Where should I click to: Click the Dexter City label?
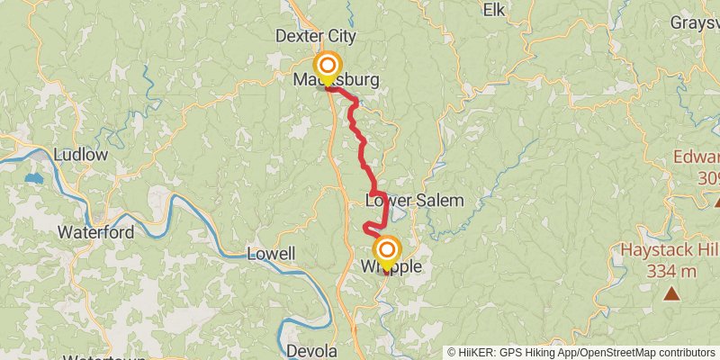[315, 37]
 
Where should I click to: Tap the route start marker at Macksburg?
[328, 67]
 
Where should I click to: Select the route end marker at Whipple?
[388, 249]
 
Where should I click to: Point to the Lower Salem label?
[415, 201]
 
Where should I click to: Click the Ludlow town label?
[80, 155]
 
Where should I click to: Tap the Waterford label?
[95, 232]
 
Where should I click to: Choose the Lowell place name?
[270, 255]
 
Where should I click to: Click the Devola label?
[311, 351]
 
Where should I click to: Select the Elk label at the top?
[494, 10]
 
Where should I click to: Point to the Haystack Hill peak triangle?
[671, 292]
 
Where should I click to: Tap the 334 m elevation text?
[671, 270]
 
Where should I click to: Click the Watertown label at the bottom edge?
[106, 357]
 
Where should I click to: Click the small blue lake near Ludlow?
[33, 178]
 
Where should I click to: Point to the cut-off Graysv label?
[694, 23]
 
